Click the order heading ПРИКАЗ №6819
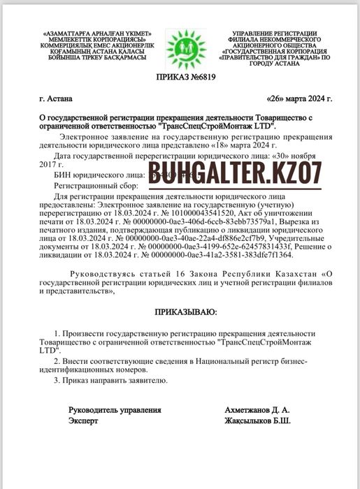click(x=179, y=78)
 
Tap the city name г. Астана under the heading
click(x=56, y=99)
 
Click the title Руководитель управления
click(x=115, y=410)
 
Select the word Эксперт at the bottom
click(x=83, y=421)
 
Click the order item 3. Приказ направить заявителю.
click(x=110, y=380)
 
